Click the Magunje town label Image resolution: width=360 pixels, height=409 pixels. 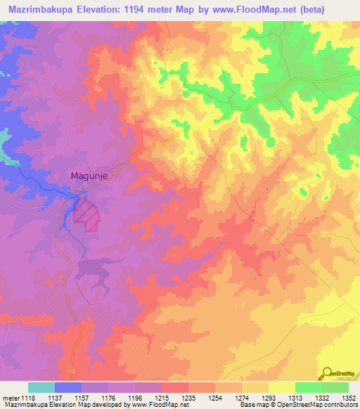[x=89, y=177]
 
